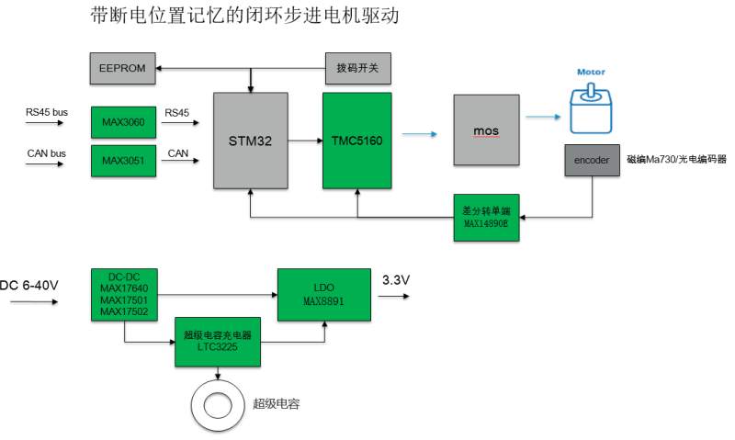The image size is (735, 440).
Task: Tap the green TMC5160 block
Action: pos(356,141)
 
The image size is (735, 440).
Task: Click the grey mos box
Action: pos(486,130)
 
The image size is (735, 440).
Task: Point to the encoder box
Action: pos(592,160)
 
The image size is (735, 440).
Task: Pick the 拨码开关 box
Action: pos(358,67)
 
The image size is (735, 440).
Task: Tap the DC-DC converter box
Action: pos(124,295)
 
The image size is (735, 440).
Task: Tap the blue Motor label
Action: pos(591,72)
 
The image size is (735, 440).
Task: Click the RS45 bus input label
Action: pos(47,112)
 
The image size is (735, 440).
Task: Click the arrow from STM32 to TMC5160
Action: pos(304,141)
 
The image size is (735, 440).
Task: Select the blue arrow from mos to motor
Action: pos(541,117)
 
